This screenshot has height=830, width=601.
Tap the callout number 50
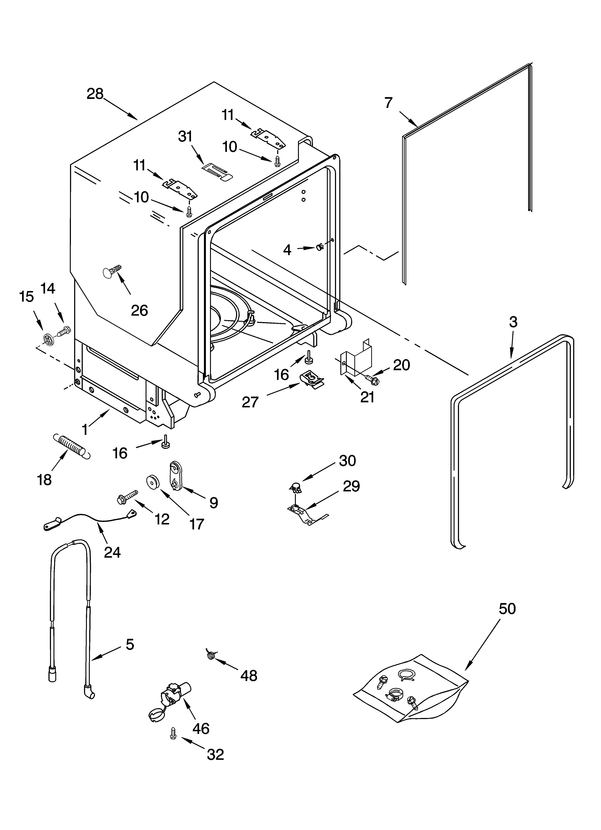507,609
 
